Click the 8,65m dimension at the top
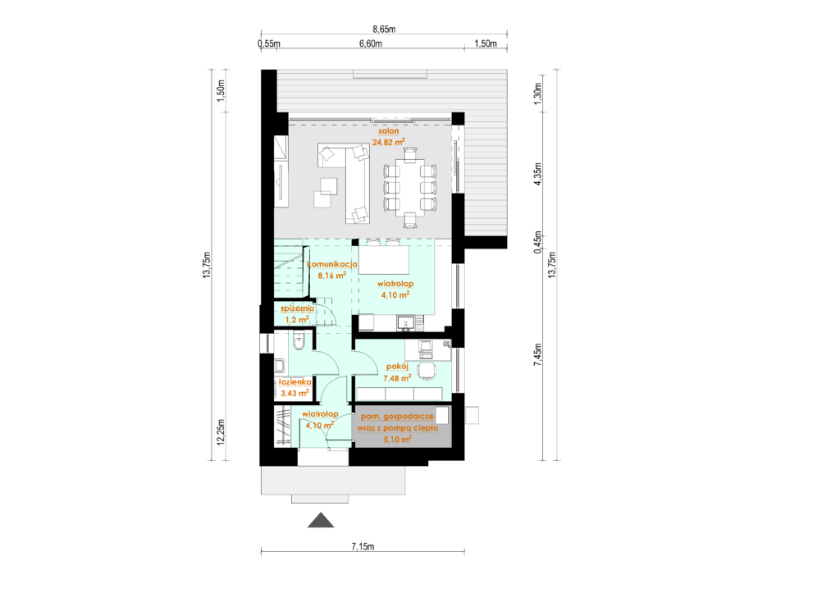[x=384, y=30]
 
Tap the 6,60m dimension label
[x=371, y=44]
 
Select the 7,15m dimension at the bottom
[x=363, y=546]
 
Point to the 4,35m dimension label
[x=538, y=174]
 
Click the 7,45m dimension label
[x=538, y=354]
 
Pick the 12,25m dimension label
[x=221, y=432]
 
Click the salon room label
[x=388, y=130]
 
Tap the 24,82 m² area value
[x=388, y=142]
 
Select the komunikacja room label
[x=332, y=264]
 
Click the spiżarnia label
[x=297, y=308]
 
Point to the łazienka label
[x=294, y=382]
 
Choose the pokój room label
[x=398, y=367]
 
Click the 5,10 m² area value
[x=398, y=440]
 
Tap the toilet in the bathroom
[x=299, y=340]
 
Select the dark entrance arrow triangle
[x=321, y=521]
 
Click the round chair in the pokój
[x=427, y=371]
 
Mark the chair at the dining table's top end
[x=410, y=154]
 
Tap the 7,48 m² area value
[x=398, y=377]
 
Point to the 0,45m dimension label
[x=538, y=242]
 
